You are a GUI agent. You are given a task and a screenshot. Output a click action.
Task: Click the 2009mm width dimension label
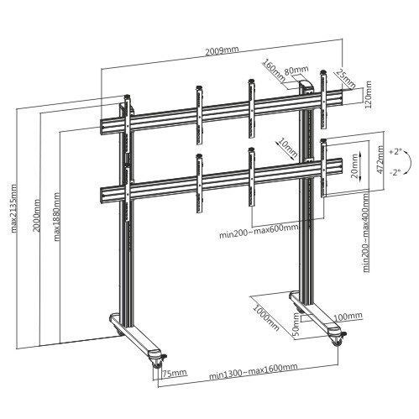(x=222, y=50)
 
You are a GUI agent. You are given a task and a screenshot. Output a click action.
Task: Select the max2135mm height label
(x=13, y=208)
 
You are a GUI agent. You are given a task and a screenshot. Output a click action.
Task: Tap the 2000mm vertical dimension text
(x=36, y=215)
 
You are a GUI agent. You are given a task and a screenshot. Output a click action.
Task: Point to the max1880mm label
(x=56, y=217)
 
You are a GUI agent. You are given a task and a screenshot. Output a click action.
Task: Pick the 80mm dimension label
(x=296, y=70)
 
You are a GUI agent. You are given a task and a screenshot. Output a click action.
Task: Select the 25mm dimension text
(x=345, y=78)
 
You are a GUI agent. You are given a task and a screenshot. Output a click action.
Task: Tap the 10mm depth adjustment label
(x=287, y=148)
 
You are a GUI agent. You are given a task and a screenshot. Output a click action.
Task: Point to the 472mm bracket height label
(x=380, y=160)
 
